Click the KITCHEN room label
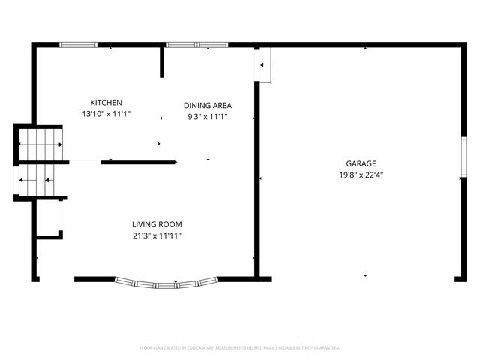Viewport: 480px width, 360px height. coord(106,103)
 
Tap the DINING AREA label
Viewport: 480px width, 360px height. coord(208,106)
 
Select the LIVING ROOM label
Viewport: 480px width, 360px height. coord(157,224)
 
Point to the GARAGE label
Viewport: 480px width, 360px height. coord(361,163)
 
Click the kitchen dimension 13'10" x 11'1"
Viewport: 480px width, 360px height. coord(106,114)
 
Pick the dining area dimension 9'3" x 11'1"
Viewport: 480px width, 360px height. coord(207,117)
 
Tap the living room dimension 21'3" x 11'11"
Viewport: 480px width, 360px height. coord(157,235)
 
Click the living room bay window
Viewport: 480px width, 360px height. coord(166,283)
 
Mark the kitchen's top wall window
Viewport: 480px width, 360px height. coord(79,45)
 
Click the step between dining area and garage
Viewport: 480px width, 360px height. coord(265,65)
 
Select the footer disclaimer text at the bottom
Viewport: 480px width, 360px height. coord(240,348)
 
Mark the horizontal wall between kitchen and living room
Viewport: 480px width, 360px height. coord(138,161)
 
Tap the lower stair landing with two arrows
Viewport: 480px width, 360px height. coord(37,180)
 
